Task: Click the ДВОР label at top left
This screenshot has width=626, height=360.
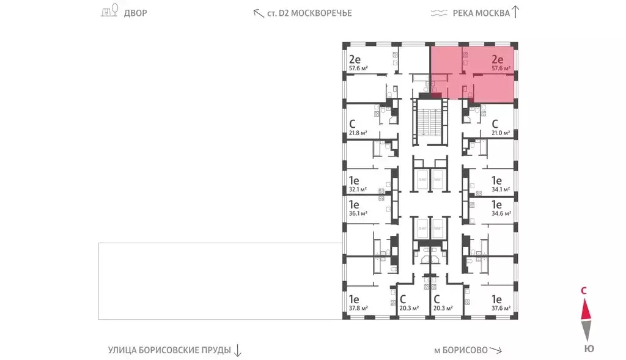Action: pos(135,13)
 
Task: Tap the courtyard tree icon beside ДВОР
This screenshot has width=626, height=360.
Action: pos(109,12)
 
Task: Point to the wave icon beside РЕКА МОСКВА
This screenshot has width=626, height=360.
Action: pos(438,13)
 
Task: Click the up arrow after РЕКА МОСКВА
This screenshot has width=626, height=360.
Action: pos(515,12)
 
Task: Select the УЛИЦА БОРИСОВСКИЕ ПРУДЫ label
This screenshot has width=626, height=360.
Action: pos(169,350)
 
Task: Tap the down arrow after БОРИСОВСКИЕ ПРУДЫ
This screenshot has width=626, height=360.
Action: pos(238,350)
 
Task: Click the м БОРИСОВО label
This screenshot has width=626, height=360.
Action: pos(460,350)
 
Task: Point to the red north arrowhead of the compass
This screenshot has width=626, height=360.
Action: pos(585,310)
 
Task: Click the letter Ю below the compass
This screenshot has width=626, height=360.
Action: pos(587,348)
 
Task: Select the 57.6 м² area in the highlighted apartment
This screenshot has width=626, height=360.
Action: pos(501,69)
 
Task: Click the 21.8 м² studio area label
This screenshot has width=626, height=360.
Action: pos(357,133)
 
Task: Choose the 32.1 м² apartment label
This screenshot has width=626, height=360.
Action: pos(357,189)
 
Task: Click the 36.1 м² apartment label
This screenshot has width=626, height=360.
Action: pos(357,214)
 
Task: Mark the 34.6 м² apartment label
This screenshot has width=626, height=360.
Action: pos(501,214)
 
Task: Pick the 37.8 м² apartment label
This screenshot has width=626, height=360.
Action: pos(357,309)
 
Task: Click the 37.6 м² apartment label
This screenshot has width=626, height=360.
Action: pos(501,309)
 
